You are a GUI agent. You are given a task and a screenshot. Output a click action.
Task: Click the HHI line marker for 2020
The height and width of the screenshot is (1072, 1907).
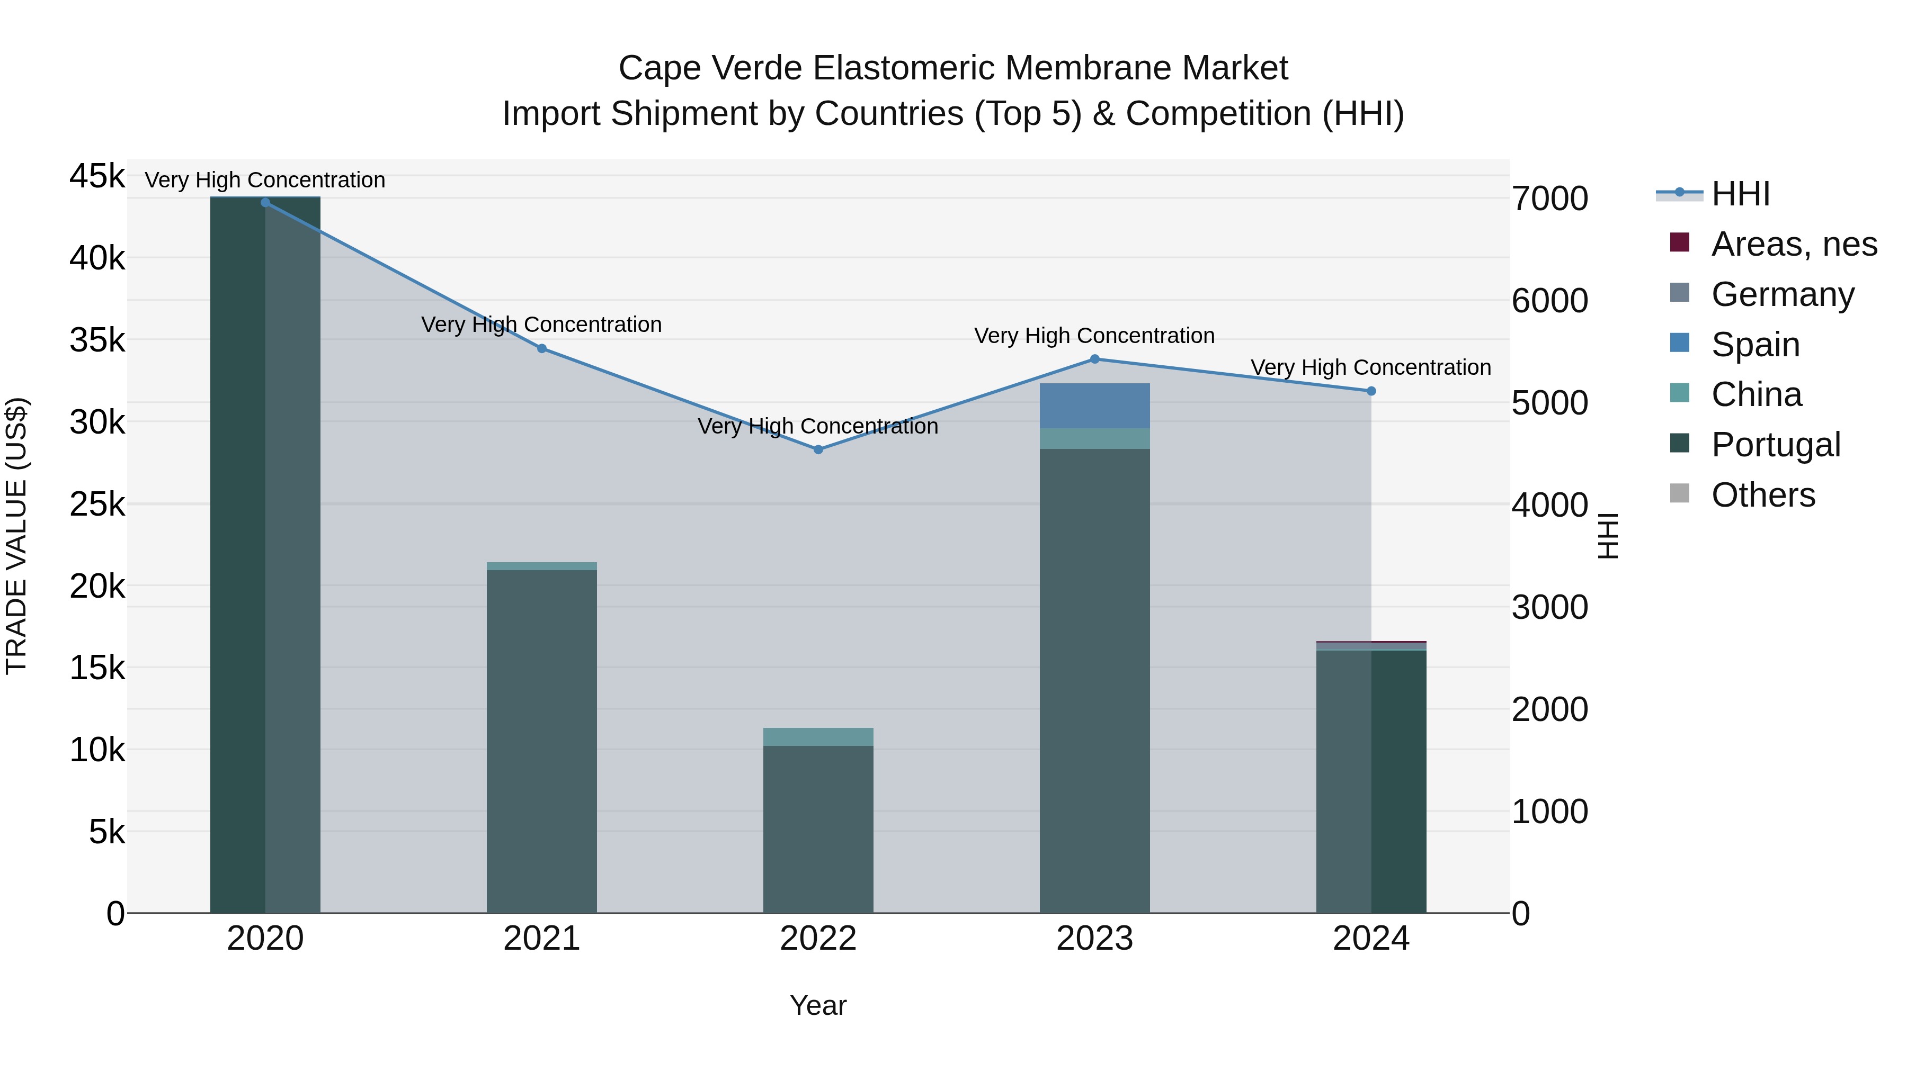coord(265,203)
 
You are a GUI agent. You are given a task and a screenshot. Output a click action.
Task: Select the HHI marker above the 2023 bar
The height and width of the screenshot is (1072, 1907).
coord(1095,359)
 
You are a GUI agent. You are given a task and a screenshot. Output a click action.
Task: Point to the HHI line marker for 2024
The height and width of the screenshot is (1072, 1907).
coord(1371,391)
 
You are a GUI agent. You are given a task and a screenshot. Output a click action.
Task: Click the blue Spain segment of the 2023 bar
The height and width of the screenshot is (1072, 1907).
coord(1095,406)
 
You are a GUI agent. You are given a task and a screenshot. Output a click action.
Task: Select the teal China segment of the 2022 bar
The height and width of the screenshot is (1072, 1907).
coord(818,737)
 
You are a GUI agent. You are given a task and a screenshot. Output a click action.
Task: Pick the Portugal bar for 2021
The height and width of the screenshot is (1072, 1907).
coord(542,740)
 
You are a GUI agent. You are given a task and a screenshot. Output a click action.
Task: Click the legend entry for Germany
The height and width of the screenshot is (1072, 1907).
coord(1783,294)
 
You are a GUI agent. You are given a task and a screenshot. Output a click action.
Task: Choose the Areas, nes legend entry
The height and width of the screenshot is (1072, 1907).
coord(1794,244)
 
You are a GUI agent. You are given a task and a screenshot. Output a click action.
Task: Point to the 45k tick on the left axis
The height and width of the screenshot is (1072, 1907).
coord(97,177)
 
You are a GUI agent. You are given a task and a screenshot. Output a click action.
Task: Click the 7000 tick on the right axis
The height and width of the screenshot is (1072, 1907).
coord(1549,199)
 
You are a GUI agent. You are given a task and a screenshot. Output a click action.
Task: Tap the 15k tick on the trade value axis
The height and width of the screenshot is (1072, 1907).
coord(97,668)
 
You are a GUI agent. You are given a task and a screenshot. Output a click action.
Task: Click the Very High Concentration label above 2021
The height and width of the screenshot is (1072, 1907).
coord(541,325)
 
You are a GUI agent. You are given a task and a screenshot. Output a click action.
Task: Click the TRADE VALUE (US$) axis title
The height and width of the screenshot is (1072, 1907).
coord(17,536)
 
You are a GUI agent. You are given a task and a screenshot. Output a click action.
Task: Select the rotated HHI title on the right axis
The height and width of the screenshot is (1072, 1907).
coord(1607,536)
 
